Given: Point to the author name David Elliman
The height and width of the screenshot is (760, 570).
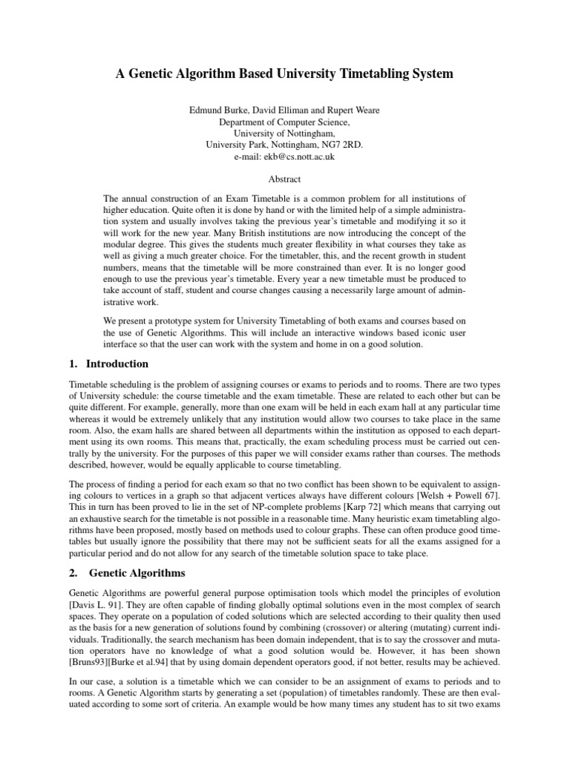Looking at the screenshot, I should click(276, 110).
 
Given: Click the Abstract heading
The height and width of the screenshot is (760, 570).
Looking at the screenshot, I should click(285, 178).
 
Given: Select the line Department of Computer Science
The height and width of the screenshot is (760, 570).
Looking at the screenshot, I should click(285, 122).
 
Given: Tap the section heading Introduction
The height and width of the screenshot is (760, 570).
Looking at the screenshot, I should click(117, 364).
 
